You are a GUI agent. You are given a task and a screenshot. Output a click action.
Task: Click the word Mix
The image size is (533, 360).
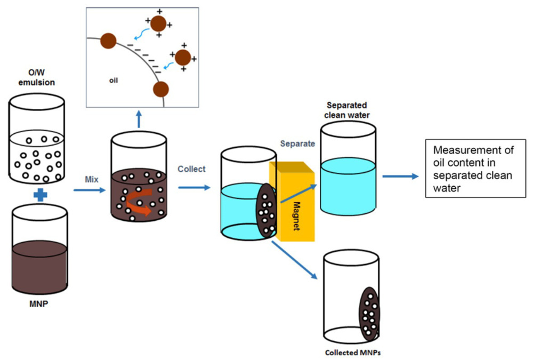tap(92, 180)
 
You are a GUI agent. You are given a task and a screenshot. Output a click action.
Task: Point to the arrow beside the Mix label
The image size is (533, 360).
tap(88, 190)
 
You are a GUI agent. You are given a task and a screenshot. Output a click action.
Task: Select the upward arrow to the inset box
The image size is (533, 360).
tap(140, 119)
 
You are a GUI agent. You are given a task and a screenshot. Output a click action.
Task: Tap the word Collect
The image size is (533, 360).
tap(191, 170)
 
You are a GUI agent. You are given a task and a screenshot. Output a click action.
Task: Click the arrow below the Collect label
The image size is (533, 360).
tap(195, 187)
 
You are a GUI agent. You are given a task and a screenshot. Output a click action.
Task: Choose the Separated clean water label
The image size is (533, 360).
tap(348, 110)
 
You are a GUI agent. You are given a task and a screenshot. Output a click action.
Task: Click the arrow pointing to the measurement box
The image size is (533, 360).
tap(400, 175)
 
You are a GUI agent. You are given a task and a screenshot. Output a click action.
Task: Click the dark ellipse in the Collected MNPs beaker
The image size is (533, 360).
tap(369, 314)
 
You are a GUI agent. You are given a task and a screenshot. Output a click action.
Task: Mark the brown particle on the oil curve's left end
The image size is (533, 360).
tap(108, 40)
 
